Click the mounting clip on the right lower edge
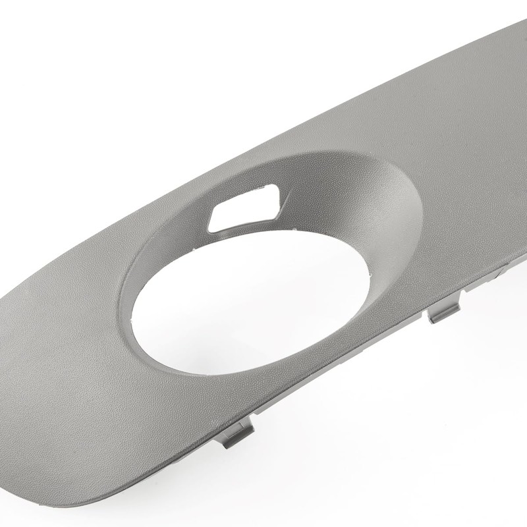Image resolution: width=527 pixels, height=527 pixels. [x=443, y=310]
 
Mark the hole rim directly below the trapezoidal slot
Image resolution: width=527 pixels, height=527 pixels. [x=244, y=233]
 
